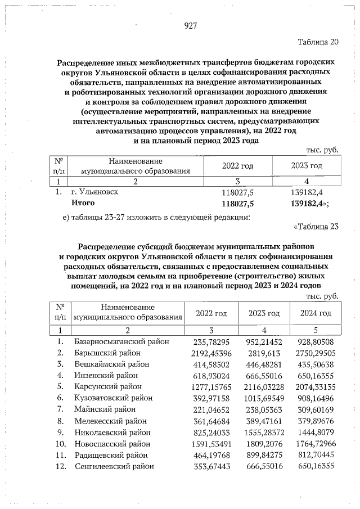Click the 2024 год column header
315,313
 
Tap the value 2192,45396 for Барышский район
209,353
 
